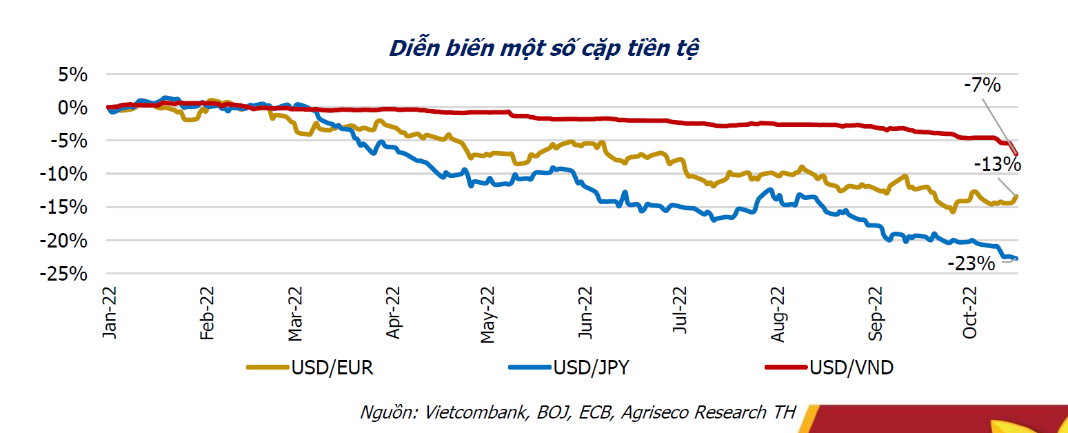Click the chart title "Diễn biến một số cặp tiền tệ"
click(543, 48)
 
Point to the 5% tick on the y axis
click(72, 74)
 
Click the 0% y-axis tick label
click(72, 108)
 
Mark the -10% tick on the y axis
click(67, 174)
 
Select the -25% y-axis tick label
click(67, 274)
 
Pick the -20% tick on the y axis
click(67, 241)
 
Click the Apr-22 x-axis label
click(394, 314)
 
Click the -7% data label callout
click(982, 86)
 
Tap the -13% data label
click(997, 165)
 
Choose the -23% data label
click(971, 263)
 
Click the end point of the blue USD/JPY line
click(1016, 259)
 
